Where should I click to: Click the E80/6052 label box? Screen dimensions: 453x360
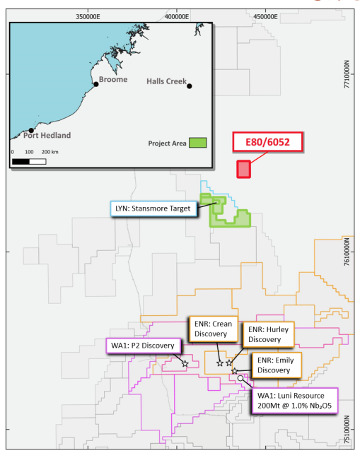click(267, 143)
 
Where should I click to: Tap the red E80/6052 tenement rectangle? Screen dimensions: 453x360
click(243, 169)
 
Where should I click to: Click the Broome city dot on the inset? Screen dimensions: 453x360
click(96, 84)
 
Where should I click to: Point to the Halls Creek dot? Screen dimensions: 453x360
click(190, 86)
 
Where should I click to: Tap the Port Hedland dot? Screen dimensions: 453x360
click(31, 130)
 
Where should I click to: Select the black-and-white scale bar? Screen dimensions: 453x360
click(29, 161)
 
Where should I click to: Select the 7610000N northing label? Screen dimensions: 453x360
click(347, 252)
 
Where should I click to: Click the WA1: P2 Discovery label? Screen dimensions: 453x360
click(144, 346)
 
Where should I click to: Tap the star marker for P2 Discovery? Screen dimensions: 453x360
click(185, 363)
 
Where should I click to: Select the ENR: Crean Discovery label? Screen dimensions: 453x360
click(213, 329)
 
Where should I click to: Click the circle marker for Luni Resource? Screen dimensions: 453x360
click(240, 378)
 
